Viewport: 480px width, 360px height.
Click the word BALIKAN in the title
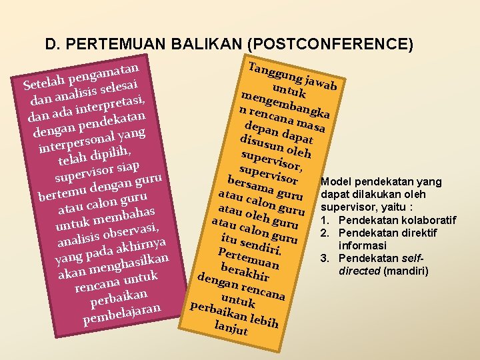tap(207, 45)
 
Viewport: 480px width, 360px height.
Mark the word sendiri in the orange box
tap(261, 247)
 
